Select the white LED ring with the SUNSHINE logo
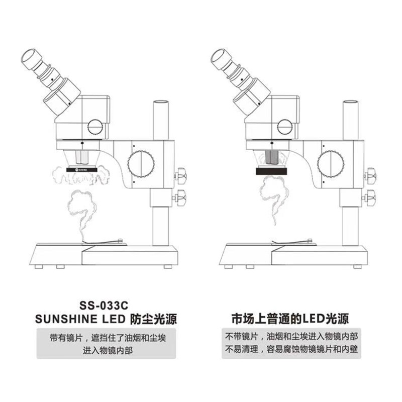[82, 171]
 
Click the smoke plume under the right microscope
[272, 201]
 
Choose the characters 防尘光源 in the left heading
[155, 319]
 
